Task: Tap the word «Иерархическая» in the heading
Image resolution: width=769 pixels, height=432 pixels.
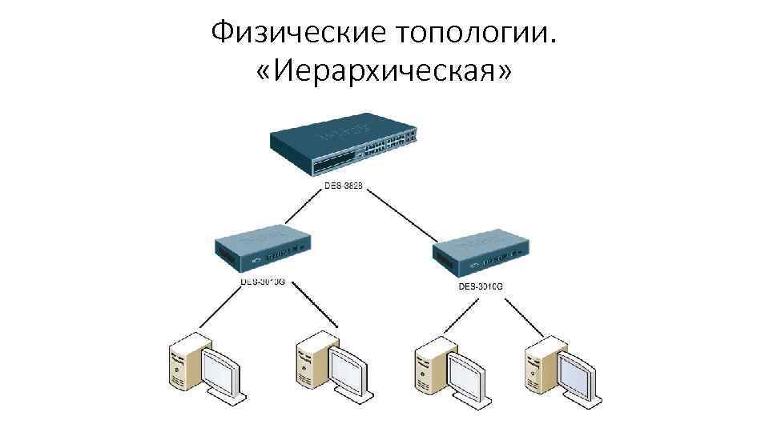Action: pyautogui.click(x=384, y=74)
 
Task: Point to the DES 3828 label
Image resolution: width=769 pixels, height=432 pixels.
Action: pyautogui.click(x=343, y=186)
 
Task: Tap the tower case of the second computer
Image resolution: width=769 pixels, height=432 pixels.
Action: pyautogui.click(x=309, y=364)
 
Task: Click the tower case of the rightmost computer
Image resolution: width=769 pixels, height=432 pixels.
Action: pyautogui.click(x=537, y=364)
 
